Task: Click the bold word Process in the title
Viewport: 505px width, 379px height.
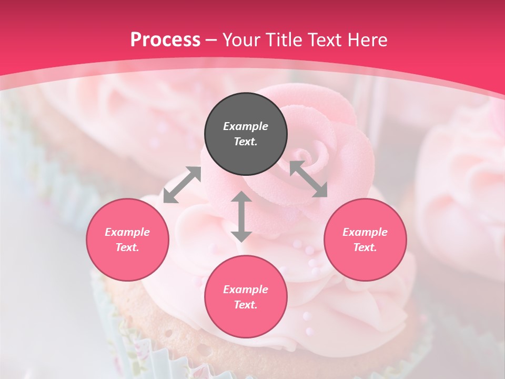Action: pos(165,40)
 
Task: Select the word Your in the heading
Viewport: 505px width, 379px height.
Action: pos(243,40)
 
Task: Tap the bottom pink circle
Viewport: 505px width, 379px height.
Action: pos(246,318)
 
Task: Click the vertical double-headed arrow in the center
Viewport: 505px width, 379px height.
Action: pos(241,216)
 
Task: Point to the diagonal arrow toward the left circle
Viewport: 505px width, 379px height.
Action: pos(182,185)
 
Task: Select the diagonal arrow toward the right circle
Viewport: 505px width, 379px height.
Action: pos(308,179)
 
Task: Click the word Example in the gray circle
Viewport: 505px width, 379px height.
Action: pos(246,126)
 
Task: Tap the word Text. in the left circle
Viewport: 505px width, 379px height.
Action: pos(127,247)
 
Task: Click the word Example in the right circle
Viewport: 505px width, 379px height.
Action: pos(365,232)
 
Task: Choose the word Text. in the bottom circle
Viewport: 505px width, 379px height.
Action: pos(246,305)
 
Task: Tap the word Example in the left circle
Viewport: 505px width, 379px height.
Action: pos(127,232)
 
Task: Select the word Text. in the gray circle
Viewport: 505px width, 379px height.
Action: pos(246,142)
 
